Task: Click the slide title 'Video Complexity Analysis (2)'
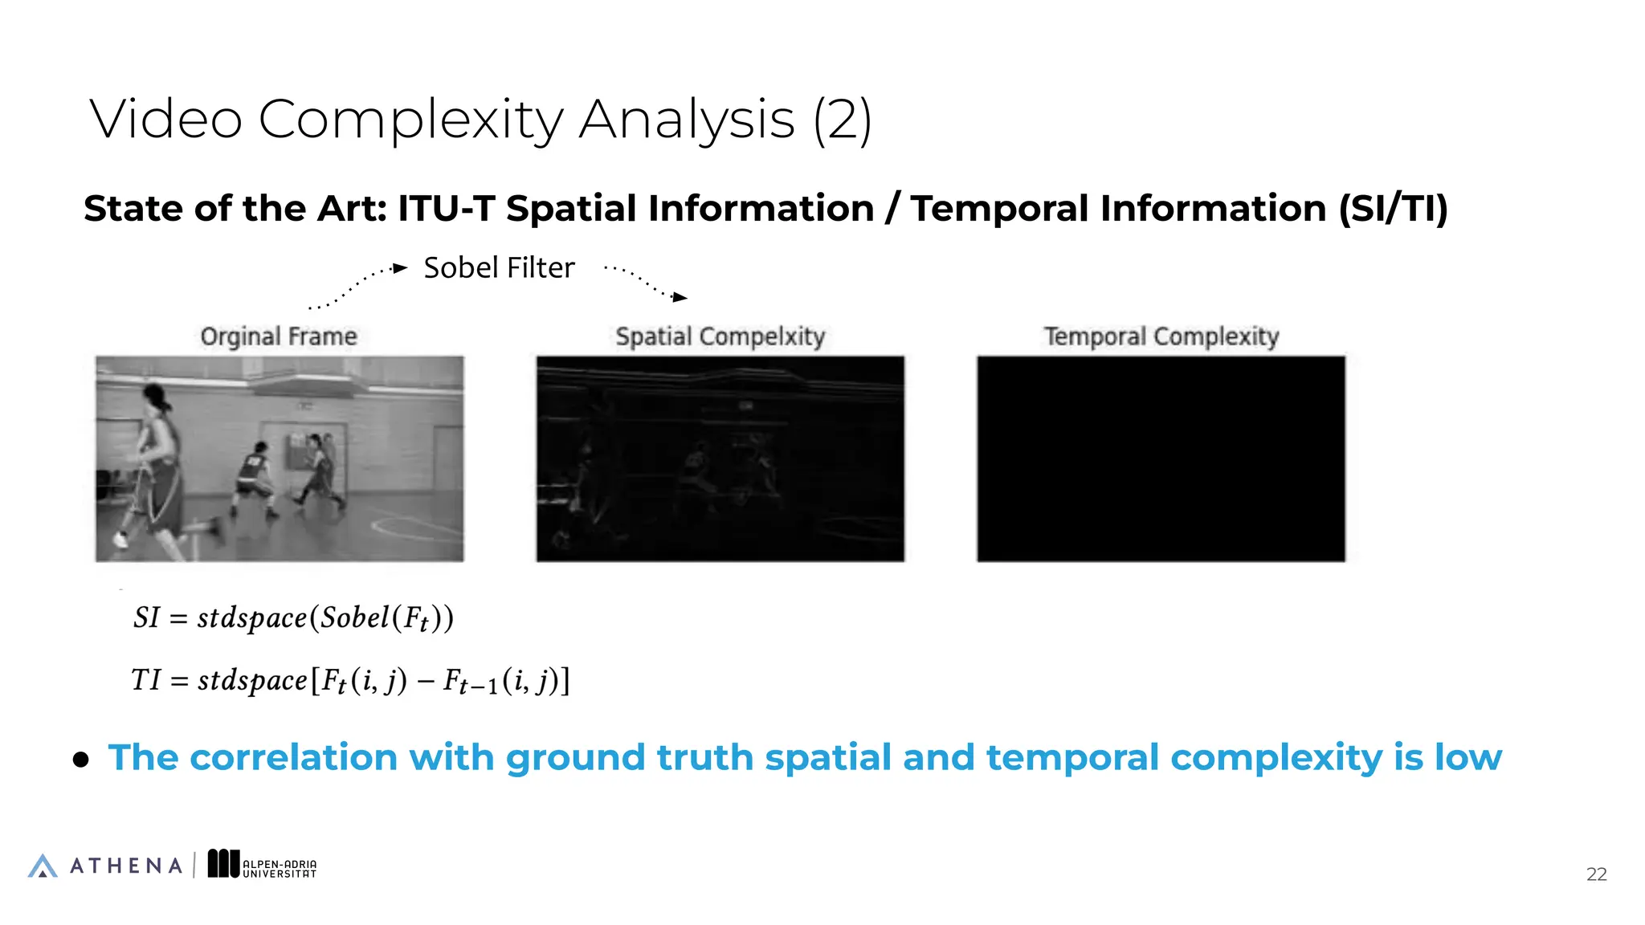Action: (480, 120)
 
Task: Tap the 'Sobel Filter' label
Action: (499, 268)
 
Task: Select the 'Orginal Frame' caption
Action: (279, 336)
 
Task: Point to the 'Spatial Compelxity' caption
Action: (720, 336)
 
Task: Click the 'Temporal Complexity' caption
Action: (1161, 336)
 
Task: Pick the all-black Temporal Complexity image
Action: (1161, 458)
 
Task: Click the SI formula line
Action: (293, 618)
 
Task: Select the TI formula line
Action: (350, 681)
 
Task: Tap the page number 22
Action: (1596, 874)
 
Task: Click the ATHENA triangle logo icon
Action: (43, 866)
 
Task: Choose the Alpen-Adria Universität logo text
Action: (280, 869)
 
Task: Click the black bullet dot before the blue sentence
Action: (81, 760)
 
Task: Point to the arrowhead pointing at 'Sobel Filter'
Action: (401, 268)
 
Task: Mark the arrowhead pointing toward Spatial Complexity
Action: (680, 297)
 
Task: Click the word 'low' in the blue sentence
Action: (1467, 758)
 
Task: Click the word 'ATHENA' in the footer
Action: (126, 866)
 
